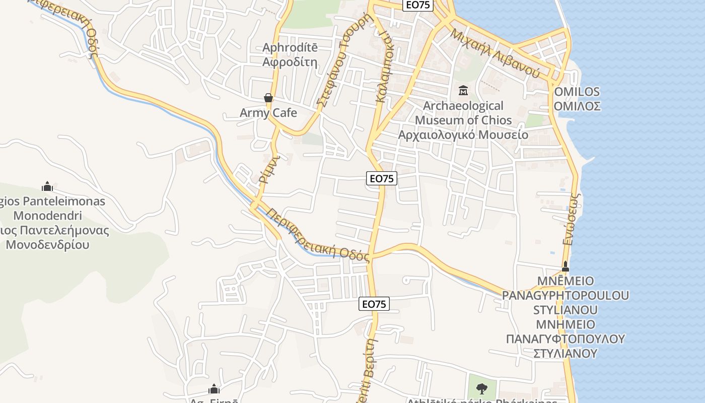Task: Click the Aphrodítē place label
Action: tap(290, 48)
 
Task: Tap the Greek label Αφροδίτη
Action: tap(290, 62)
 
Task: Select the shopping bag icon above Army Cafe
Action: tap(268, 98)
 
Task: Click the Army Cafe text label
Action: tap(268, 113)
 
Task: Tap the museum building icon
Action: tap(463, 91)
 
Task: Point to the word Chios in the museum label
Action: tap(496, 120)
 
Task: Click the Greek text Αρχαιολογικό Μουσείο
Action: tap(463, 135)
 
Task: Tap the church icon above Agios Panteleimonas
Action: tap(47, 187)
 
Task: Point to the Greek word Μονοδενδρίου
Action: tap(47, 245)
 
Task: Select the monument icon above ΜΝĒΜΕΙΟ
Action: tap(565, 266)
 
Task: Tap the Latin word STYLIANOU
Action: tap(565, 310)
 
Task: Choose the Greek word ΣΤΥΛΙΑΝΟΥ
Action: tap(565, 353)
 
